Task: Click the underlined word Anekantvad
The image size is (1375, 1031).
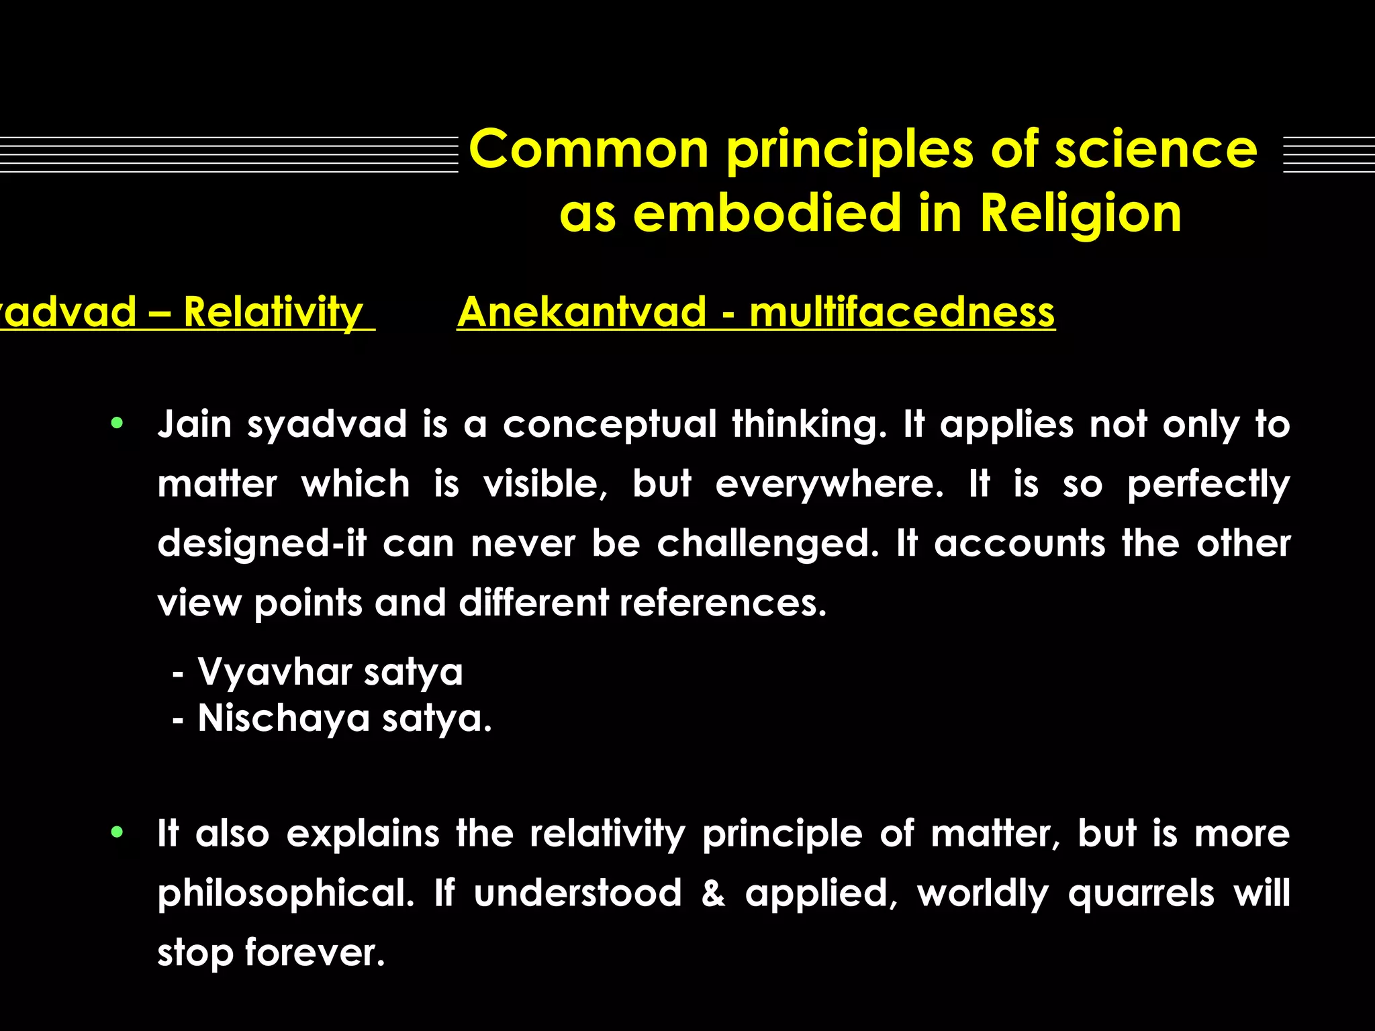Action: pyautogui.click(x=581, y=312)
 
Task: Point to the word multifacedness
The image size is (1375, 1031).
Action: pyautogui.click(x=902, y=312)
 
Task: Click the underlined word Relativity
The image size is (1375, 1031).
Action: pyautogui.click(x=273, y=312)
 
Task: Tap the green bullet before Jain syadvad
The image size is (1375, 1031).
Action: pyautogui.click(x=117, y=423)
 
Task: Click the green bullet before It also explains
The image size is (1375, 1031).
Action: pyautogui.click(x=117, y=832)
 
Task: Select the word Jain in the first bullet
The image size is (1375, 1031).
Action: pyautogui.click(x=194, y=424)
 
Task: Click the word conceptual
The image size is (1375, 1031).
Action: pyautogui.click(x=610, y=424)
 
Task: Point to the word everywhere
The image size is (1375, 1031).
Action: pyautogui.click(x=829, y=484)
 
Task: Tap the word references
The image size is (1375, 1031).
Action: pyautogui.click(x=722, y=602)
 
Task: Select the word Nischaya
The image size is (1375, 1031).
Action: pyautogui.click(x=283, y=718)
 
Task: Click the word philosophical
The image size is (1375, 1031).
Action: pyautogui.click(x=286, y=893)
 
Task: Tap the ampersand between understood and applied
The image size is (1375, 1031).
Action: pyautogui.click(x=713, y=893)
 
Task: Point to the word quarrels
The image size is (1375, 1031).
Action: pyautogui.click(x=1141, y=893)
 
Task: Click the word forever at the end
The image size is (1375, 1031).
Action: pyautogui.click(x=315, y=952)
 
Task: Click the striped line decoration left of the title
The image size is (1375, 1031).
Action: pyautogui.click(x=228, y=154)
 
